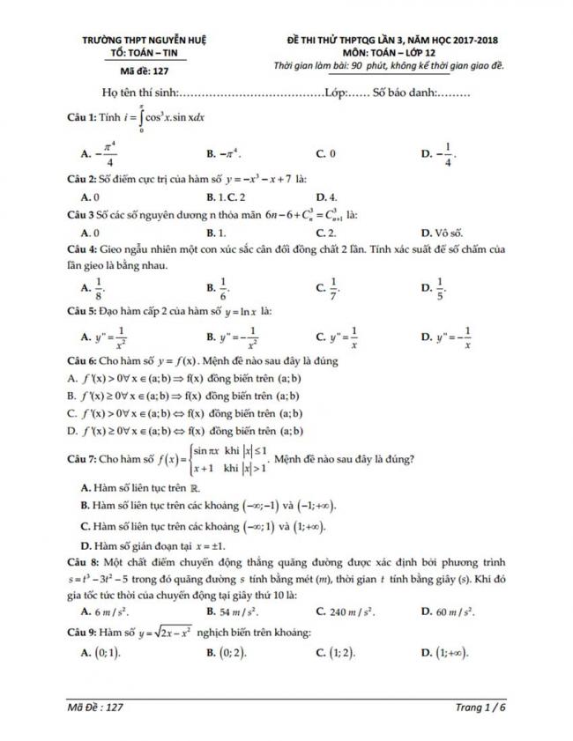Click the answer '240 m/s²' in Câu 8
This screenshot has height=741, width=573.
pyautogui.click(x=347, y=610)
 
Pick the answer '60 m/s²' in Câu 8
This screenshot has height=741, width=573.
pyautogui.click(x=455, y=610)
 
